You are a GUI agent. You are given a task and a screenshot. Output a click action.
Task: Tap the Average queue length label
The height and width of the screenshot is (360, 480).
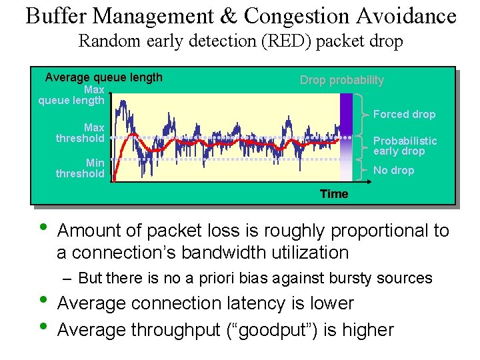pos(103,77)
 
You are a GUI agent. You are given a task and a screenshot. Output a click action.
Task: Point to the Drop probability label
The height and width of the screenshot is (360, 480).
pos(341,80)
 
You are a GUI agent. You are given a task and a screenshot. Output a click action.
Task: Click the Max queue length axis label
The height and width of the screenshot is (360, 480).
pos(72,95)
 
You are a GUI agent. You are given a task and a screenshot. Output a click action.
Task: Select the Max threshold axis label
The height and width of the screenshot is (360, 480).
pos(81,133)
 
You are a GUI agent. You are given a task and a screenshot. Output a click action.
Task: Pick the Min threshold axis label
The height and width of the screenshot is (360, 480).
pos(81,168)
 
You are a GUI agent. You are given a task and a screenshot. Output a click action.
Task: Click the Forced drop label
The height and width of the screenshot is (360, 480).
pos(404,114)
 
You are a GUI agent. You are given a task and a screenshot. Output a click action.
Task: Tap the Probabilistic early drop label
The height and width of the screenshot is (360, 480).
pos(405,145)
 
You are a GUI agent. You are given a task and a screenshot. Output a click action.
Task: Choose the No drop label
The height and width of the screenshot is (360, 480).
pos(393,170)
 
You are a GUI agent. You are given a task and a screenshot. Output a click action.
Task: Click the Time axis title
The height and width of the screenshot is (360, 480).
pos(333,194)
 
